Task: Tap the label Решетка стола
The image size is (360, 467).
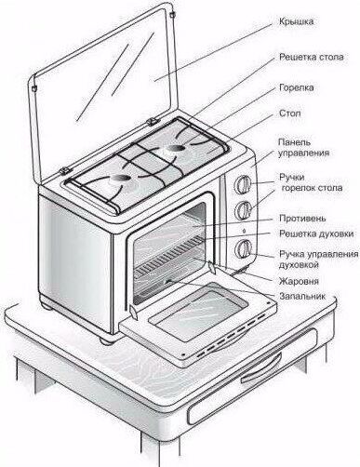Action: click(312, 58)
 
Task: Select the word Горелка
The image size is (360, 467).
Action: click(297, 87)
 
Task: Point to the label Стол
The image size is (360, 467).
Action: click(289, 113)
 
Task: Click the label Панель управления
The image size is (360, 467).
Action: click(303, 147)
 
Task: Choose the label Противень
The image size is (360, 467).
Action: click(302, 218)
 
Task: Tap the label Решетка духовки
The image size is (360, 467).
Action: click(316, 233)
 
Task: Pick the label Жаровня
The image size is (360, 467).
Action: click(299, 281)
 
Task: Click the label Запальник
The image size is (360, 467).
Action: click(302, 296)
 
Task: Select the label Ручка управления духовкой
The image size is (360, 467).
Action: click(318, 260)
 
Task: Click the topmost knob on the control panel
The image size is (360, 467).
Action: click(244, 185)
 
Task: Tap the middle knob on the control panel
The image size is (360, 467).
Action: click(244, 211)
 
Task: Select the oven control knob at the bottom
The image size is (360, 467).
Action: click(244, 248)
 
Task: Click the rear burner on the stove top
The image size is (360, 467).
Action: click(175, 149)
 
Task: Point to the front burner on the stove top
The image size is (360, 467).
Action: click(119, 179)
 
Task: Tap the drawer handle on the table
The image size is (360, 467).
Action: click(261, 370)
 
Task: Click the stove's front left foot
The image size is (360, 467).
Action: click(107, 340)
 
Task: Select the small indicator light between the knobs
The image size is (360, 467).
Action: click(244, 231)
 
